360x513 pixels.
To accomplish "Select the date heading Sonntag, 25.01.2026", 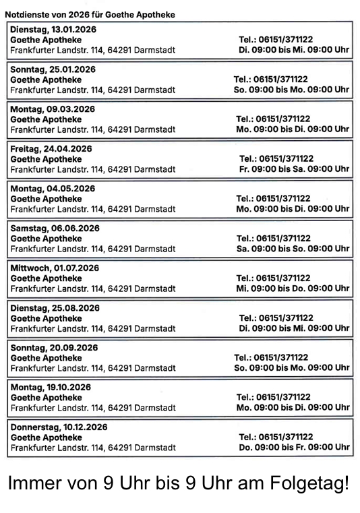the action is [x=51, y=69].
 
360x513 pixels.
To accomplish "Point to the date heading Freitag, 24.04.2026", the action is [x=51, y=148].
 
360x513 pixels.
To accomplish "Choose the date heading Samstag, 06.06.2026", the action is [x=54, y=228].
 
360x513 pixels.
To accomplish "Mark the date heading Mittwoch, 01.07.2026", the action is [x=55, y=268].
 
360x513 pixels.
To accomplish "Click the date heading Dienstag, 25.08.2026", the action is [x=55, y=307].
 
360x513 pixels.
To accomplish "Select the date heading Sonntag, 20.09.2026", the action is [x=54, y=347].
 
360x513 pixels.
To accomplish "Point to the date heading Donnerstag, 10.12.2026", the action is [x=59, y=427].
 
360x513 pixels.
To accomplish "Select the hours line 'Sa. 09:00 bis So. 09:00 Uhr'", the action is [x=293, y=248].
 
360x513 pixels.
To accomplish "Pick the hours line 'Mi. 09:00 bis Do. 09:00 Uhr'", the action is [x=293, y=288].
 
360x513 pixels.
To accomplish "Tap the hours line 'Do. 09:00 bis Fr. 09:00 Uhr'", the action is [x=294, y=447].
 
